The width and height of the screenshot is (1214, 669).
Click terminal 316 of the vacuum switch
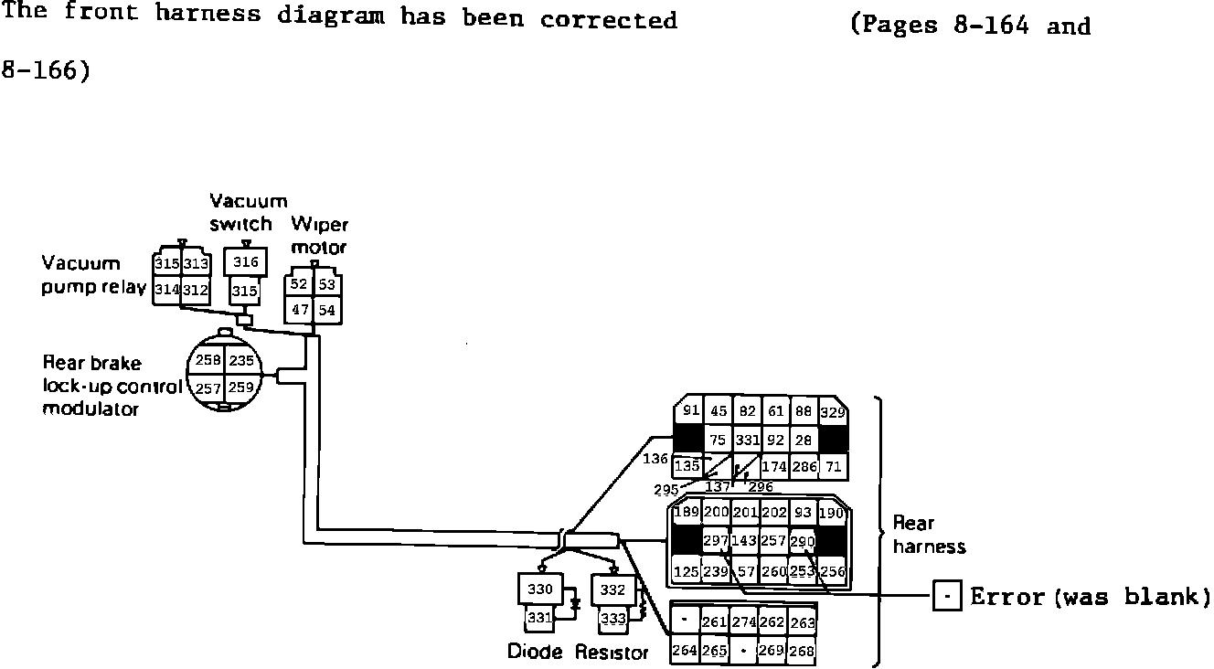pyautogui.click(x=246, y=263)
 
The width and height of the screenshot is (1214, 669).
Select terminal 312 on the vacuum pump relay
pyautogui.click(x=195, y=290)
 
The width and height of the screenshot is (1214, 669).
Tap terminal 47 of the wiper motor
pyautogui.click(x=300, y=310)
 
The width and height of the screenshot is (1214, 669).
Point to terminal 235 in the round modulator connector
pyautogui.click(x=242, y=360)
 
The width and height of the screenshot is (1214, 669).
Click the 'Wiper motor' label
pyautogui.click(x=319, y=236)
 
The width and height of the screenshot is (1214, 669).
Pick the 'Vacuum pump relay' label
pyautogui.click(x=94, y=276)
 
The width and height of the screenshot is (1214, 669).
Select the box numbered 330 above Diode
pyautogui.click(x=541, y=589)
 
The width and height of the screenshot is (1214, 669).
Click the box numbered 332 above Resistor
pyautogui.click(x=612, y=589)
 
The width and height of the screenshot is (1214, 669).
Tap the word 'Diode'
pyautogui.click(x=535, y=653)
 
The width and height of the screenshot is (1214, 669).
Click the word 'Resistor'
pyautogui.click(x=612, y=653)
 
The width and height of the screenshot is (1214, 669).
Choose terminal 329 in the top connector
pyautogui.click(x=833, y=412)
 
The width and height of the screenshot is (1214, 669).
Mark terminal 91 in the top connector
pyautogui.click(x=691, y=411)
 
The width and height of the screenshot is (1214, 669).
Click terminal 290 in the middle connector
pyautogui.click(x=802, y=542)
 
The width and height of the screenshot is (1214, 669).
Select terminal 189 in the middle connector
pyautogui.click(x=686, y=514)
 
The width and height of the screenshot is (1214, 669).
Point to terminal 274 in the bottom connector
pyautogui.click(x=743, y=622)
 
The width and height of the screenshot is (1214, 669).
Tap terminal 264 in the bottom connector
pyautogui.click(x=685, y=651)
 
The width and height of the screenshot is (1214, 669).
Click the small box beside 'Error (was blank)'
pyautogui.click(x=947, y=598)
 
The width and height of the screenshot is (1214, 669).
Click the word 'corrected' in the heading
pyautogui.click(x=608, y=19)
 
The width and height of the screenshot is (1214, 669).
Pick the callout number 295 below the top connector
pyautogui.click(x=666, y=490)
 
